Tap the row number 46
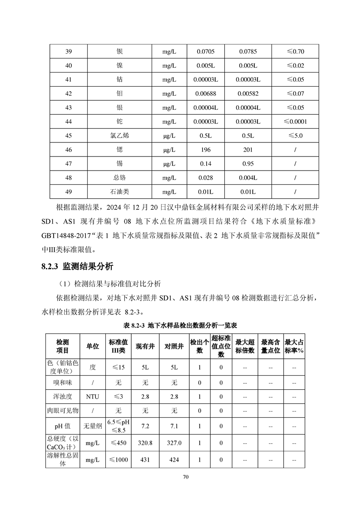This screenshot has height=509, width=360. point(69,150)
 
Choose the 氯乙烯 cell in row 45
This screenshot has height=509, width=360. point(119,136)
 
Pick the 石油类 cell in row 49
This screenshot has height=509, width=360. point(119,192)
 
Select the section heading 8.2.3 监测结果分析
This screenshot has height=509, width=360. point(77,267)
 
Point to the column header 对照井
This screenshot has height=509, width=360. point(174,346)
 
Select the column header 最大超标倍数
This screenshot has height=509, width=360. point(245,346)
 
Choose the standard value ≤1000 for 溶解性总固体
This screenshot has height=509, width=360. point(118,460)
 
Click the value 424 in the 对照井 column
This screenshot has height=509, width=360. point(174,460)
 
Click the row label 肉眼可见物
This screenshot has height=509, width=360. point(63,411)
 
